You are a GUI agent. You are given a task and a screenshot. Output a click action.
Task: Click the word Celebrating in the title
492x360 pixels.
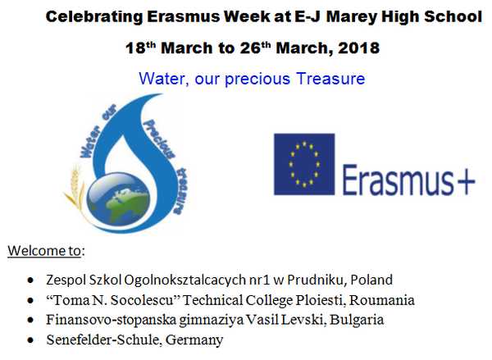94,17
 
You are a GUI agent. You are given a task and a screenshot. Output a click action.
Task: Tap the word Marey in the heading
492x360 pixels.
351,17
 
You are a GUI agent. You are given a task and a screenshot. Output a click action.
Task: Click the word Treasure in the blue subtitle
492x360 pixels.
330,79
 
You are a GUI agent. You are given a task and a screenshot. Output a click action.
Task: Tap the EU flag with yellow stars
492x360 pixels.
304,164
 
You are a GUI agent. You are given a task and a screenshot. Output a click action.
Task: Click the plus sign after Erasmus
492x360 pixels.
466,182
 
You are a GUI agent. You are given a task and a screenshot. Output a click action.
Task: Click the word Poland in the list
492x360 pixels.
371,280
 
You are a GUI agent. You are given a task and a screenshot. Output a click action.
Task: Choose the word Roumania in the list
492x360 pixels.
382,300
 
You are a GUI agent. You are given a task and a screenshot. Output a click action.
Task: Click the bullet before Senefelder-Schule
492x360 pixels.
30,340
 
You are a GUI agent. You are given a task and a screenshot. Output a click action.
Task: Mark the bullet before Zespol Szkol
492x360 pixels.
30,280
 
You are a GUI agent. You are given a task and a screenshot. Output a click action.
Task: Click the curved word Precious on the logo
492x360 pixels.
159,139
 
